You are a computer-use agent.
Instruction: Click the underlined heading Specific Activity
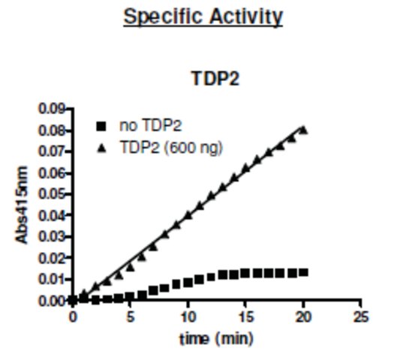coord(203,17)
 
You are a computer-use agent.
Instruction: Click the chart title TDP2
coord(215,79)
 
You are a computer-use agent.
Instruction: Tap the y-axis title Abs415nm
coord(22,205)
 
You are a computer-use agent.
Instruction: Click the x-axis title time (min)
coord(216,339)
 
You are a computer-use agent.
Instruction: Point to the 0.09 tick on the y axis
coord(51,109)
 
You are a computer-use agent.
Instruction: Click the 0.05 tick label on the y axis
coord(51,194)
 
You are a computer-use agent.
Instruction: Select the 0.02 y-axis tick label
coord(51,258)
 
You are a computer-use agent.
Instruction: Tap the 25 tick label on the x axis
coord(361,317)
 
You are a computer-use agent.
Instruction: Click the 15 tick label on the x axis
coord(245,317)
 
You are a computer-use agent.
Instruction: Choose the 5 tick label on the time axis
coord(131,317)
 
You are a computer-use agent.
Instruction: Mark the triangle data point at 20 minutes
coord(303,130)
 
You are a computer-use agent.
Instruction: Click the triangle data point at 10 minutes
coord(188,215)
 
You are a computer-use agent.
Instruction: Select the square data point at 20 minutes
coord(303,272)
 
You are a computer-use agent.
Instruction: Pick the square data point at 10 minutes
coord(188,283)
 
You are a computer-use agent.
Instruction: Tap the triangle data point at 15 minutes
coord(245,168)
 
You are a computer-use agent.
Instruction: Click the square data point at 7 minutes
coord(153,291)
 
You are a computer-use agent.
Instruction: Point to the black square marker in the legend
coord(101,126)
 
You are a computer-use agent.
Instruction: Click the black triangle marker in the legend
coord(102,148)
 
